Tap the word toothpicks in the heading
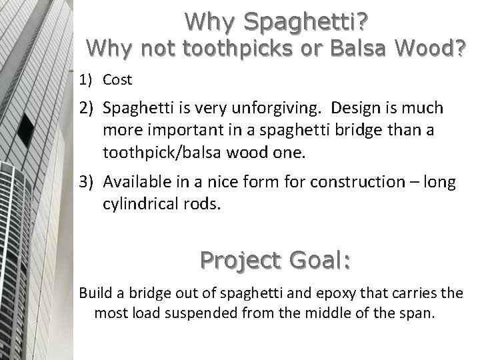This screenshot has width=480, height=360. click(x=219, y=49)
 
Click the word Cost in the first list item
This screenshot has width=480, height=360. click(x=117, y=80)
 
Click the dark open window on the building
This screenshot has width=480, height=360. click(x=27, y=129)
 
